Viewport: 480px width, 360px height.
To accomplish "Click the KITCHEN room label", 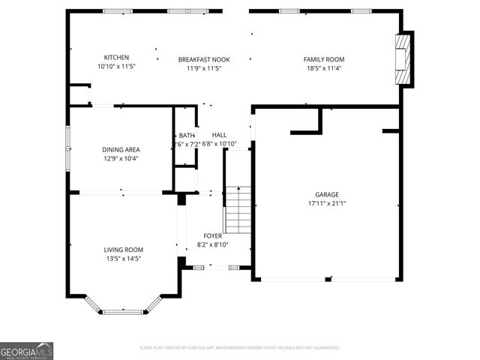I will click(x=116, y=58).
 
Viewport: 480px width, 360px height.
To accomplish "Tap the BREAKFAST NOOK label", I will click(x=203, y=59).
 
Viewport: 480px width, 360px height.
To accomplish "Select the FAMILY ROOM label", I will click(x=324, y=59).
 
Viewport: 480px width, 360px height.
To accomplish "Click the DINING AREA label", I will click(x=121, y=149).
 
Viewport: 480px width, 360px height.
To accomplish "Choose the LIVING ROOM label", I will click(x=124, y=250).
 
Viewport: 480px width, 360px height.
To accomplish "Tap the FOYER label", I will click(x=212, y=235).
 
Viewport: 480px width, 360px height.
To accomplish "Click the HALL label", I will click(x=219, y=135).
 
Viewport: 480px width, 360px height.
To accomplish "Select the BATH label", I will click(x=186, y=135).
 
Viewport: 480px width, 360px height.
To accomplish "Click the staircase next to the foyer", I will click(x=237, y=210).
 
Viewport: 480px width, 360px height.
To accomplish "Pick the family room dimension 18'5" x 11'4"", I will click(x=324, y=68).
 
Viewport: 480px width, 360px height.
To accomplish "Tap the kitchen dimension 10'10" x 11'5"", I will click(x=116, y=67).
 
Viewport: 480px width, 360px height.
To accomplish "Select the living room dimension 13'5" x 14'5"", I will click(x=124, y=259).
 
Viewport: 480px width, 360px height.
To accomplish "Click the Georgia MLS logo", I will click(x=27, y=350).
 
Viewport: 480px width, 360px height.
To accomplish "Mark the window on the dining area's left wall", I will click(x=68, y=148).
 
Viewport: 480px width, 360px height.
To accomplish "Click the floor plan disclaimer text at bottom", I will click(x=240, y=348).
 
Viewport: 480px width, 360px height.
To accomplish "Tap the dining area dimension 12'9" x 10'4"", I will click(x=121, y=158).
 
